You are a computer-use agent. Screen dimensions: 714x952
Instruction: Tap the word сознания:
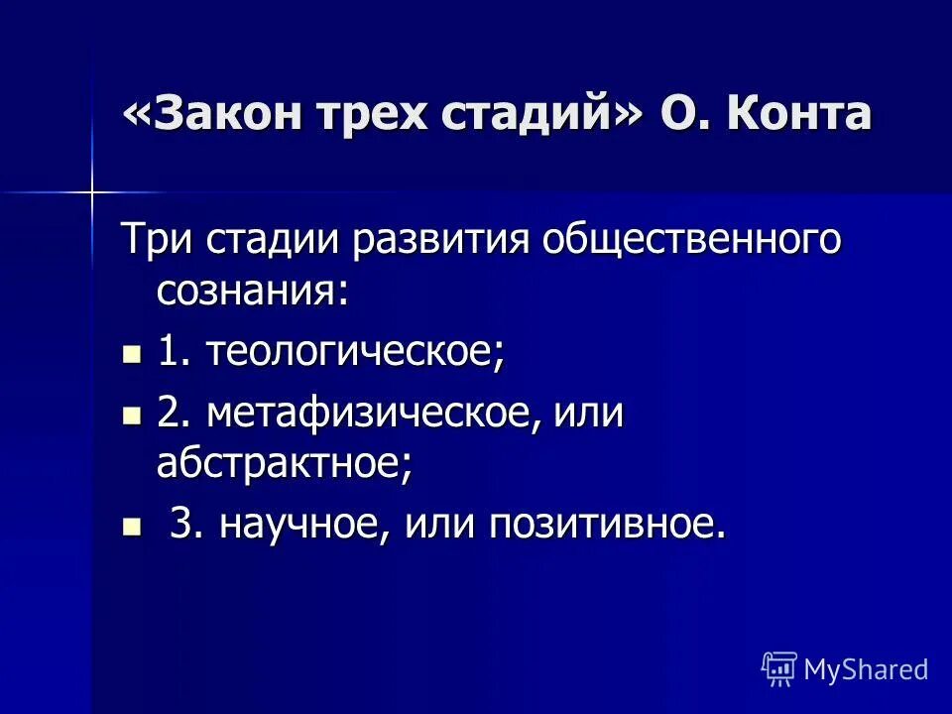pos(253,292)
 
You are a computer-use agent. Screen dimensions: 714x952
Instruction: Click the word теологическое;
pos(355,353)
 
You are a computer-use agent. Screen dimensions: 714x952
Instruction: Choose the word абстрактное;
pos(284,463)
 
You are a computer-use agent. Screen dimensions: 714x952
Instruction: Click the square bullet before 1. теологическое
pos(131,353)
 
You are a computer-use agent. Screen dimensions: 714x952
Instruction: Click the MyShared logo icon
pos(778,669)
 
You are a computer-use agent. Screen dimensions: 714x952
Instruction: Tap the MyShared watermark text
pos(866,669)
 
